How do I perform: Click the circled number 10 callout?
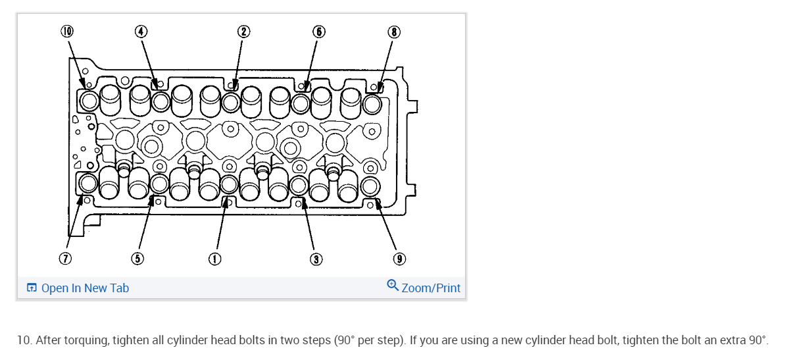[x=68, y=31]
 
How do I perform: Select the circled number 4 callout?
[x=141, y=31]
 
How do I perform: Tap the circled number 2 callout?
[x=243, y=31]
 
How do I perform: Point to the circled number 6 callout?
[x=318, y=31]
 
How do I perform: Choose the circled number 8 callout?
[x=394, y=31]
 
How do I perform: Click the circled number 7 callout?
[x=64, y=258]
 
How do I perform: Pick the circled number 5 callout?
[x=137, y=258]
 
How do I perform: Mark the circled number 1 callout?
[x=214, y=258]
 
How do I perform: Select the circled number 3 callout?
[x=316, y=258]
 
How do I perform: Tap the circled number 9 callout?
[x=399, y=258]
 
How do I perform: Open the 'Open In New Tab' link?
[x=85, y=288]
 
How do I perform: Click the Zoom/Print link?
[x=431, y=288]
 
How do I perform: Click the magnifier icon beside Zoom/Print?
[x=393, y=286]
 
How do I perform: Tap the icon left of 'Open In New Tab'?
[x=31, y=288]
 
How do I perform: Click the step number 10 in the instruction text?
[x=23, y=340]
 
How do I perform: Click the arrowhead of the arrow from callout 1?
[x=226, y=201]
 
